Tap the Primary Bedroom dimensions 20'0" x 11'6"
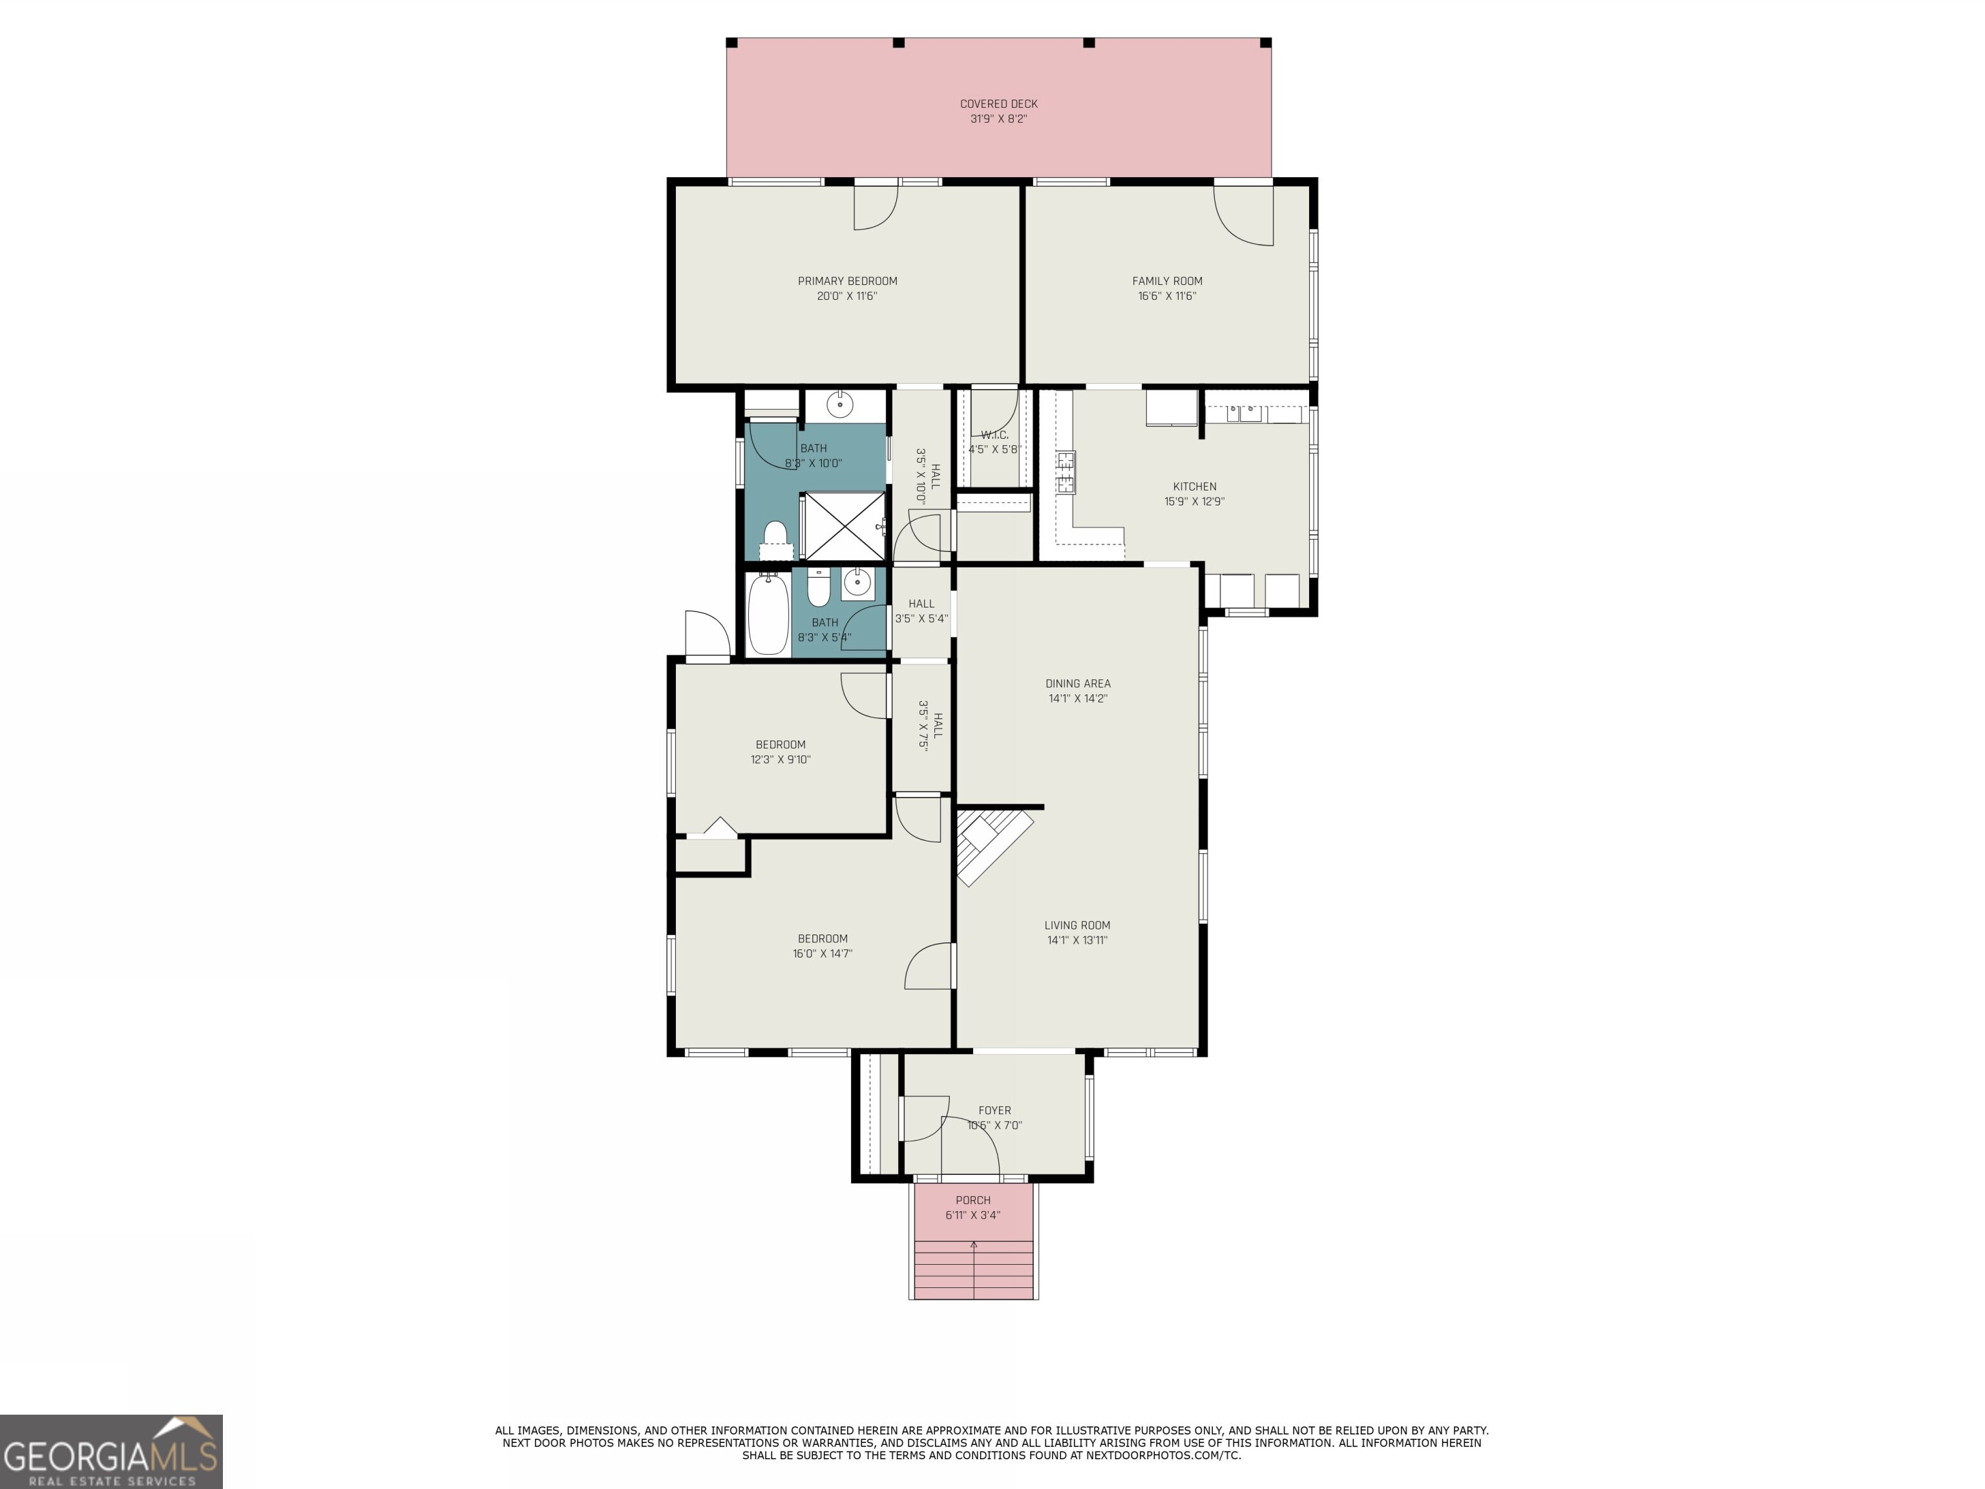click(x=846, y=296)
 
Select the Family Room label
click(x=1166, y=281)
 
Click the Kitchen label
click(x=1193, y=487)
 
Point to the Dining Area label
click(x=1077, y=683)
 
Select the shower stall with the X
click(x=843, y=526)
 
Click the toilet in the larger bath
click(x=775, y=538)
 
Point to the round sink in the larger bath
click(x=839, y=404)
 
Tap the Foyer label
click(x=994, y=1110)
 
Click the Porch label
click(x=972, y=1200)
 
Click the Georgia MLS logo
click(x=110, y=1452)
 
